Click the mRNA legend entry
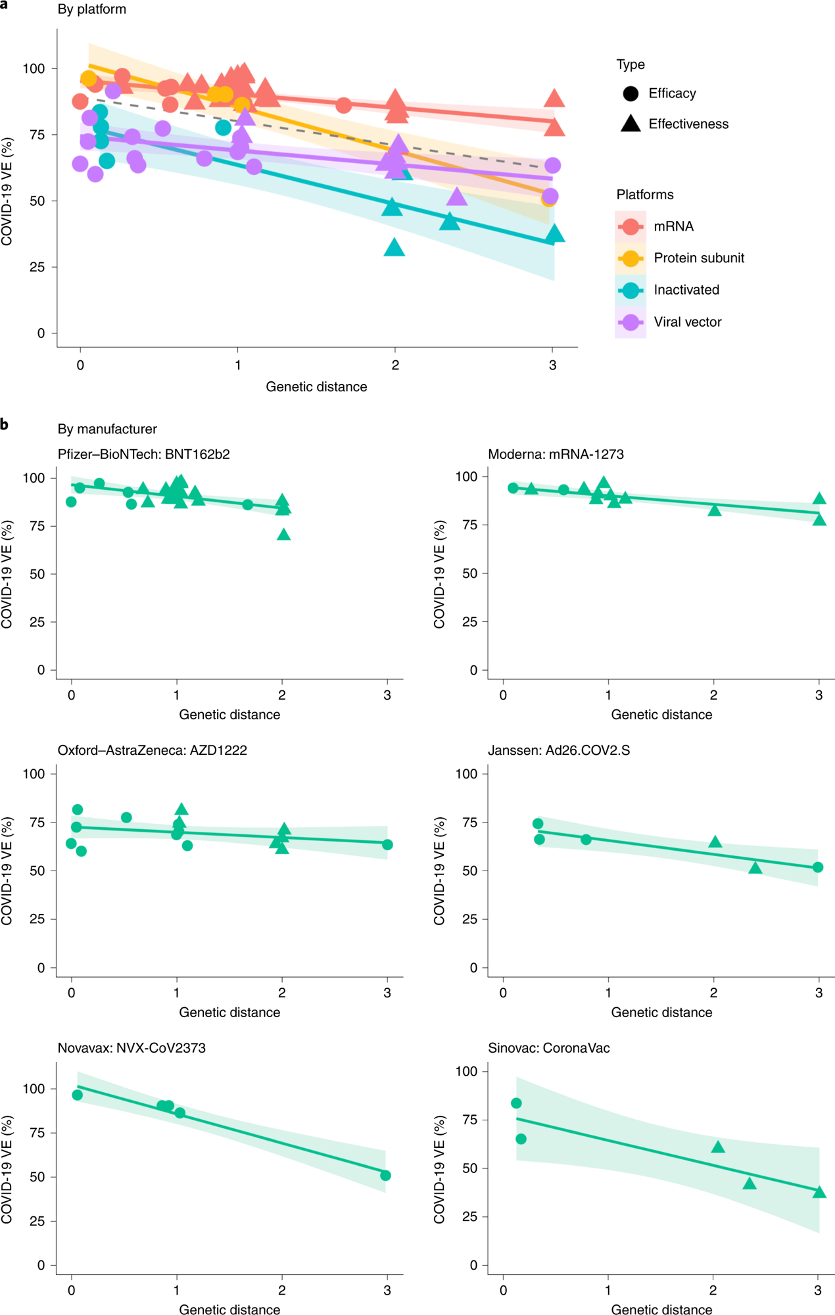click(x=673, y=226)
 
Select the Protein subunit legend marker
click(x=630, y=258)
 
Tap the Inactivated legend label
click(x=686, y=290)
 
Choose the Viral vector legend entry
click(x=687, y=322)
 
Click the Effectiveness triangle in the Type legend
click(x=631, y=124)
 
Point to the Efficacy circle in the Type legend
click(x=631, y=93)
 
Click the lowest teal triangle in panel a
click(x=394, y=248)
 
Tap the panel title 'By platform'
click(x=92, y=9)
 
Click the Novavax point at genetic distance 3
click(x=386, y=1175)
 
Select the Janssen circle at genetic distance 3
click(x=818, y=867)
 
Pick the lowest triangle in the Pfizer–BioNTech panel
click(x=283, y=535)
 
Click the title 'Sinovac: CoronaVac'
click(x=548, y=1047)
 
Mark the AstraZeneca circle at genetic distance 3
click(x=387, y=844)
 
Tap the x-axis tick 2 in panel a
click(x=394, y=365)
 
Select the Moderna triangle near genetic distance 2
click(x=715, y=510)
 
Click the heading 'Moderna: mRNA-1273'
click(x=556, y=454)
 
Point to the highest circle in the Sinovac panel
click(x=516, y=1103)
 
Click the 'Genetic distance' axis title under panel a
click(x=316, y=387)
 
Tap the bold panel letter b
click(x=5, y=425)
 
